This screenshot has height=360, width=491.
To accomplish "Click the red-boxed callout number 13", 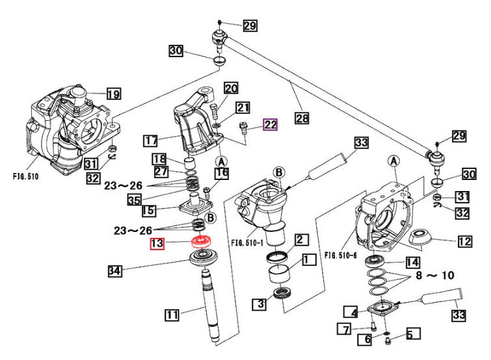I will click(158, 244).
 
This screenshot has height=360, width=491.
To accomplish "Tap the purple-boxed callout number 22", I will click(271, 125).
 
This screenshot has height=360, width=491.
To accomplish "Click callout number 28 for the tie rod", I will click(301, 118).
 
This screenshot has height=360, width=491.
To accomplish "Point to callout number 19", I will click(113, 94).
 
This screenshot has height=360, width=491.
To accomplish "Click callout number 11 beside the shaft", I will click(172, 316).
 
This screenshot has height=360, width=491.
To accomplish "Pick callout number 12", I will click(464, 242).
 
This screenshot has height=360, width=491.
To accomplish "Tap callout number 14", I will click(412, 263).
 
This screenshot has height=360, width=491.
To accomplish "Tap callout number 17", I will click(151, 139).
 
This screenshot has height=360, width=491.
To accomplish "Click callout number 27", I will click(159, 172).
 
